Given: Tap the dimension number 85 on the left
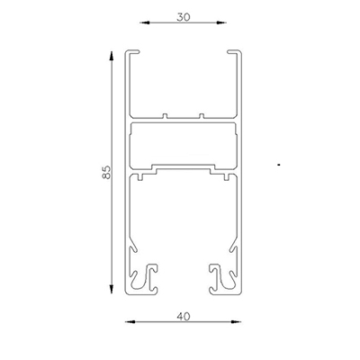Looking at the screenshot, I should (x=105, y=171).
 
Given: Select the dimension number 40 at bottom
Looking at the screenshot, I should (x=184, y=316).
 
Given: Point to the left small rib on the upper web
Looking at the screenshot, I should (x=167, y=115).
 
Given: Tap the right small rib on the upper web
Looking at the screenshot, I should (x=201, y=115).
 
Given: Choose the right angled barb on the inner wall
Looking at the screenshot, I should (x=231, y=247).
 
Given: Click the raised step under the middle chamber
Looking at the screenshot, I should (x=184, y=166).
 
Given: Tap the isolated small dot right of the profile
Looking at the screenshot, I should (x=281, y=166).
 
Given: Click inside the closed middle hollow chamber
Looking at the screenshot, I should (x=184, y=144).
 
